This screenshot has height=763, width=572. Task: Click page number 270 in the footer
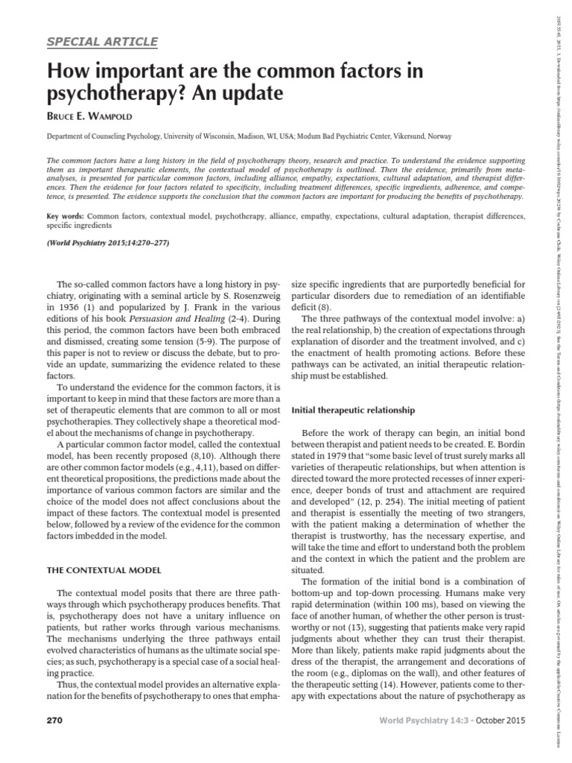tap(56, 742)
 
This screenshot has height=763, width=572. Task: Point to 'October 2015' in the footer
tap(500, 742)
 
